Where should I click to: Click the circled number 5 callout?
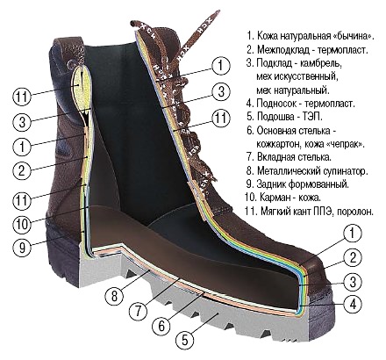tap(185, 340)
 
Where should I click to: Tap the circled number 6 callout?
tap(161, 325)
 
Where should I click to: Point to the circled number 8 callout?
tap(114, 295)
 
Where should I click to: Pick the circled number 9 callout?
tap(22, 248)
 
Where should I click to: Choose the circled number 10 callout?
tap(22, 224)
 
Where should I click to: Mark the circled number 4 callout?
tap(353, 304)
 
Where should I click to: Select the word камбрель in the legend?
tap(322, 63)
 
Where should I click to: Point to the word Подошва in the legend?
tap(275, 117)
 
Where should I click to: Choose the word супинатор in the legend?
tap(344, 171)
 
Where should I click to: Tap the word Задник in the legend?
tap(271, 184)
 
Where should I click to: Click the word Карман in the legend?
tap(274, 198)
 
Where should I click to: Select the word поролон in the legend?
tap(355, 212)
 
